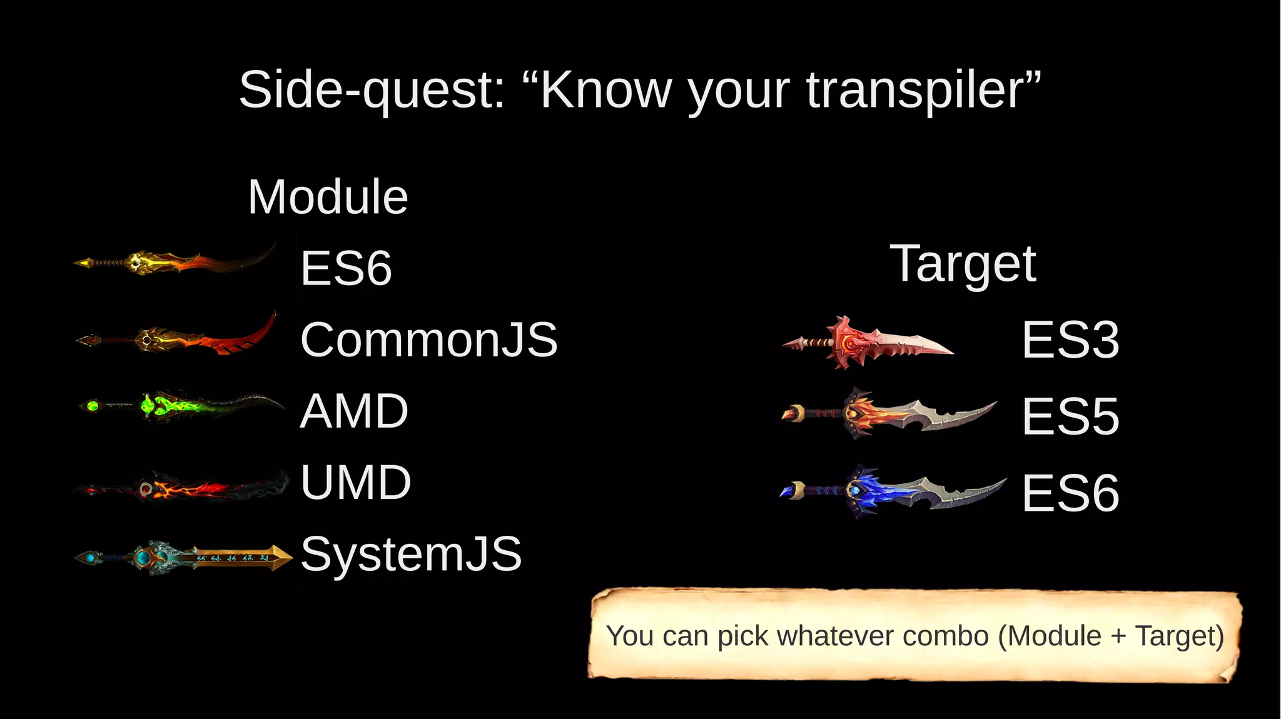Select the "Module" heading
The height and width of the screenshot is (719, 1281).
pos(328,197)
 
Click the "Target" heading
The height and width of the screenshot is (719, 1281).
pos(963,264)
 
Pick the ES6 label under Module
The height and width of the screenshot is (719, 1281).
pos(346,268)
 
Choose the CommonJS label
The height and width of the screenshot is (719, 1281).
pos(428,339)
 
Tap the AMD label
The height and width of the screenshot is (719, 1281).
pos(354,411)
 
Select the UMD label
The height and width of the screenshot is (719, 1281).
pos(355,483)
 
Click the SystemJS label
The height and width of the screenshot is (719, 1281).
pos(411,554)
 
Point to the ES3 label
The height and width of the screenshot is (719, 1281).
pos(1070,340)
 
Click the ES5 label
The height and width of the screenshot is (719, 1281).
pos(1070,416)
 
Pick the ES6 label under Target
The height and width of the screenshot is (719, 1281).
pos(1070,493)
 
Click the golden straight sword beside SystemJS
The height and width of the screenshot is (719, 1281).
pos(183,556)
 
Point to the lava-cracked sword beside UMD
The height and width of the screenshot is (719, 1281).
pos(181,487)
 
